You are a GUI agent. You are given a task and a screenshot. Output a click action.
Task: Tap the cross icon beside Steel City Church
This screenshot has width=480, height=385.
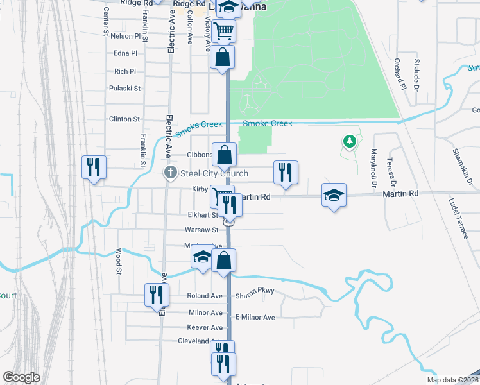tap(171, 172)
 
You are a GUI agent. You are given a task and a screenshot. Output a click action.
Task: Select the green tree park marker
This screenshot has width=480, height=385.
tap(349, 141)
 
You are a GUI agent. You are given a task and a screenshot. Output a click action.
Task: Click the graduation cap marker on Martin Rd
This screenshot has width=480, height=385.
tap(334, 195)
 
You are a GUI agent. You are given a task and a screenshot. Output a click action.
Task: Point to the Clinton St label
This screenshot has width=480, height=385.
tap(124, 119)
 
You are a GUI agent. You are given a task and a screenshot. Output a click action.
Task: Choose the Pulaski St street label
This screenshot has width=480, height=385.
tap(124, 88)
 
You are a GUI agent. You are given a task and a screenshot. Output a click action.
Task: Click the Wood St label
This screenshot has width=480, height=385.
tap(119, 262)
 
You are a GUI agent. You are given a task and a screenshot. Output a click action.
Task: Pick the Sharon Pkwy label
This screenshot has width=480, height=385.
tap(255, 291)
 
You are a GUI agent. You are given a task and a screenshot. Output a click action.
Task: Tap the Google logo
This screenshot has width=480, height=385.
tap(21, 377)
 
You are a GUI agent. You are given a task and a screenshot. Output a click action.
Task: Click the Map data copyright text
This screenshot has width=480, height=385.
tap(451, 380)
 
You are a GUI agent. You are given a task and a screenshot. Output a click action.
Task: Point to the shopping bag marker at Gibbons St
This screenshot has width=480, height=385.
tap(225, 155)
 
